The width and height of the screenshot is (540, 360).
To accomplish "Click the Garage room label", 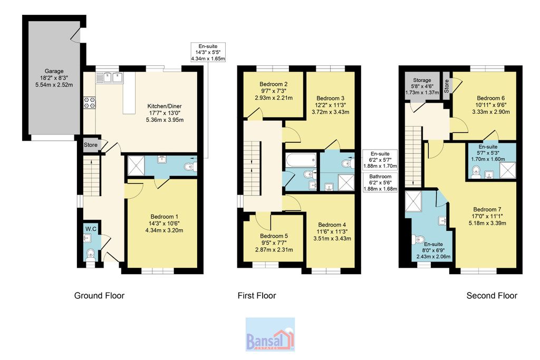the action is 54,71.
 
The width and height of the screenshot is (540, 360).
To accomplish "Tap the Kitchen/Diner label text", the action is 165,106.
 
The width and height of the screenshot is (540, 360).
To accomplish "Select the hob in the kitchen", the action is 90,103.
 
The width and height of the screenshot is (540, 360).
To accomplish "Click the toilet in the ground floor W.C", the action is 90,254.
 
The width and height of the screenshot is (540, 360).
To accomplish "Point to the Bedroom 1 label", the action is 165,217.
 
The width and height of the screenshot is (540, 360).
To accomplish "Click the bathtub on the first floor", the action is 301,160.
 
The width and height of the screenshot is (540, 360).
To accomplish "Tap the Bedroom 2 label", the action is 274,84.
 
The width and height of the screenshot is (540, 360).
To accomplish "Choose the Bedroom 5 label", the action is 274,236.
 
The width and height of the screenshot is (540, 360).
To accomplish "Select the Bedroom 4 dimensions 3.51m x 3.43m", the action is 332,238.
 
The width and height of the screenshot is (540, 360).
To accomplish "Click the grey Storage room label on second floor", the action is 422,80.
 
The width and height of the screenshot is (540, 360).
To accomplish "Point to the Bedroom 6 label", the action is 491,98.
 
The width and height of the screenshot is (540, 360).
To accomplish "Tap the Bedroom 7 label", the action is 487,209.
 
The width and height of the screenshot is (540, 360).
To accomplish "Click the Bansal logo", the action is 270,334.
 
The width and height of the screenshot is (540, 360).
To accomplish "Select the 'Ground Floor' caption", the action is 99,296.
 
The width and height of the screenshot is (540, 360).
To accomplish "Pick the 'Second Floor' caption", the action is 492,296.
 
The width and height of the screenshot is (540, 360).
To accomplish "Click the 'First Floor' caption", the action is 257,296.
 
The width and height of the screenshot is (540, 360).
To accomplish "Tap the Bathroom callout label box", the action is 380,183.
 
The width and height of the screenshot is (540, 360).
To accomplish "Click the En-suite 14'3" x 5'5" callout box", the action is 208,52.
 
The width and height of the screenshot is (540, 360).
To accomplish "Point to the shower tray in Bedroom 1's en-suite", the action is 136,166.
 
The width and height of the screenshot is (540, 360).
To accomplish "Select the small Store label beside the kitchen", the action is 91,145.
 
